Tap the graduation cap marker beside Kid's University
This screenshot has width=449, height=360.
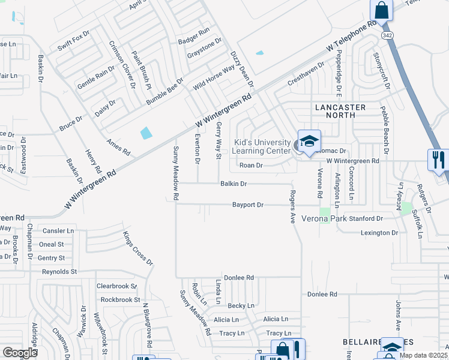click(x=309, y=142)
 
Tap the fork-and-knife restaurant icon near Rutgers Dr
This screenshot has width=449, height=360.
click(x=438, y=160)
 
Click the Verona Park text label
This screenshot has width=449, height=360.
click(x=324, y=218)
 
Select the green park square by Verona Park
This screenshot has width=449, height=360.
click(x=325, y=211)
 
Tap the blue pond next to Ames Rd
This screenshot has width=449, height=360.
click(x=145, y=133)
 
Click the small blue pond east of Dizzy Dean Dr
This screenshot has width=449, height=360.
click(x=259, y=53)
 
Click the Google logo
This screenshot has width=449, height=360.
click(x=20, y=353)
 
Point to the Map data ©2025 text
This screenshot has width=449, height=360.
click(x=424, y=355)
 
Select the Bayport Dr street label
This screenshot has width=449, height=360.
click(x=248, y=205)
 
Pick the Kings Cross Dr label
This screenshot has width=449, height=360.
click(x=139, y=248)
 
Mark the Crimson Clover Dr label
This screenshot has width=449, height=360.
click(x=122, y=64)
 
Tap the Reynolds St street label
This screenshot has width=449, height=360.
click(x=59, y=272)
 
